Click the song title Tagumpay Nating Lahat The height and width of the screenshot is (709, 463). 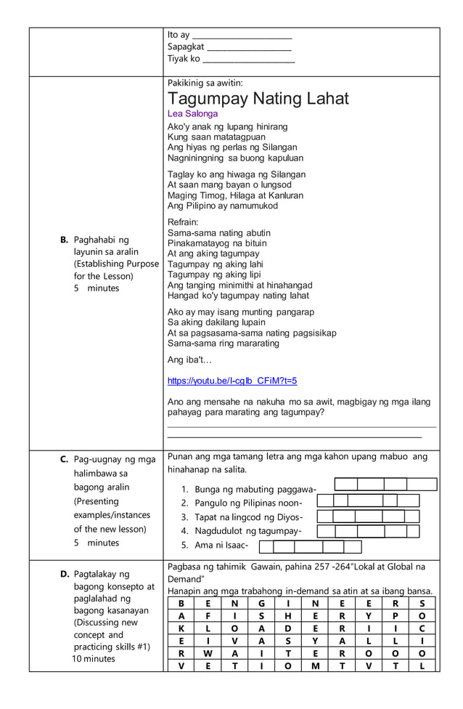click(258, 99)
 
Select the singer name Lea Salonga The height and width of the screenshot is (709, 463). click(192, 114)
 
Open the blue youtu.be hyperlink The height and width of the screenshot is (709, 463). click(232, 381)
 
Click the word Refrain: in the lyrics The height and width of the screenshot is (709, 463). click(183, 222)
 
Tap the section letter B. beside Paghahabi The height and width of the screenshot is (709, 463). click(64, 240)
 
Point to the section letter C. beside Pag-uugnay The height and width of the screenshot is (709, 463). click(65, 459)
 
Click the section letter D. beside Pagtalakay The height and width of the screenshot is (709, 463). click(65, 574)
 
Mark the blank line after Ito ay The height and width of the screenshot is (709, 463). click(242, 36)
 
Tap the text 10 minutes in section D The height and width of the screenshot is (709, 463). click(93, 659)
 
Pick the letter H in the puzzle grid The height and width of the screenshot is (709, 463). click(287, 615)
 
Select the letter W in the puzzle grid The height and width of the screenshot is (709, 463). click(208, 653)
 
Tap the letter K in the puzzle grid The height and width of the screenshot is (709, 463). click(181, 628)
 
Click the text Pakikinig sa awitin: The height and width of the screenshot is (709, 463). click(205, 83)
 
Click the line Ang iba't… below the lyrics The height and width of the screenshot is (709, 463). click(189, 360)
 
